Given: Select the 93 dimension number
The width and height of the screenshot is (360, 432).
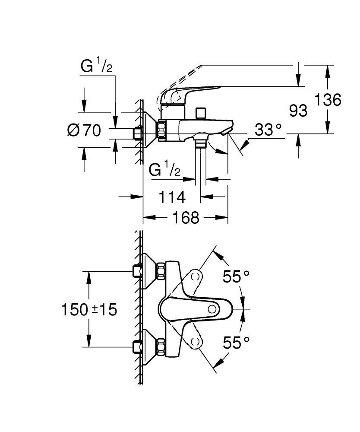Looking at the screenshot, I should coord(298,111).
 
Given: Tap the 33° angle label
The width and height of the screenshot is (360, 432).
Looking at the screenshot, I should coord(268,130).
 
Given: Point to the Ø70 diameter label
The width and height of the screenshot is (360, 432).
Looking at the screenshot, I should coord(84,130).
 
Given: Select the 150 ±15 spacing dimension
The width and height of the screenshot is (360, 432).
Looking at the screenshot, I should coord(89,309).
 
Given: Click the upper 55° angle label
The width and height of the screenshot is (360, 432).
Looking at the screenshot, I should coord(236,276).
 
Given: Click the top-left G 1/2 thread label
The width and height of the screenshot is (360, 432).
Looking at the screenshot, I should coord(97,67).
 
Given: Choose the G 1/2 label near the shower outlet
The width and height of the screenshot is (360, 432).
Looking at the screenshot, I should coord(165,169).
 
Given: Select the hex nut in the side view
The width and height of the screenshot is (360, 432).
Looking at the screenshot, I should coord(162,130).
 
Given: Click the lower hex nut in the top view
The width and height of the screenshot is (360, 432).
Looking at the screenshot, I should coord(162,346).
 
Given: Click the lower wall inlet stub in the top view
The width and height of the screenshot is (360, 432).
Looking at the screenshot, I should coord(138,346).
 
